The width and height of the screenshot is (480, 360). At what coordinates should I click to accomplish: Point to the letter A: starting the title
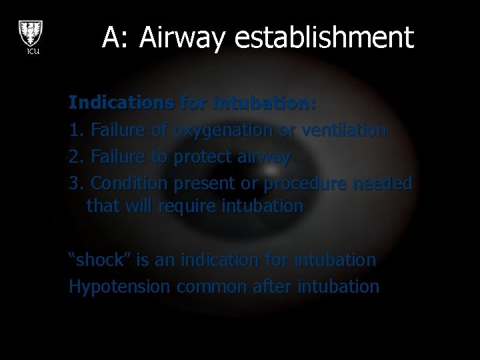(115, 38)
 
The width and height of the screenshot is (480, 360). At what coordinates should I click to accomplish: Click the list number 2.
(75, 157)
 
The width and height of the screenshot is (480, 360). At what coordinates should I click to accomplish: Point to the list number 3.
(75, 183)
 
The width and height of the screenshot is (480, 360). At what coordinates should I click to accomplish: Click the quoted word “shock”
(99, 259)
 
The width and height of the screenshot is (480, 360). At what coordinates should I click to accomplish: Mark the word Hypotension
(120, 287)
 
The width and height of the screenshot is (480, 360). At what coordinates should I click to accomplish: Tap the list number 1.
(75, 129)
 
